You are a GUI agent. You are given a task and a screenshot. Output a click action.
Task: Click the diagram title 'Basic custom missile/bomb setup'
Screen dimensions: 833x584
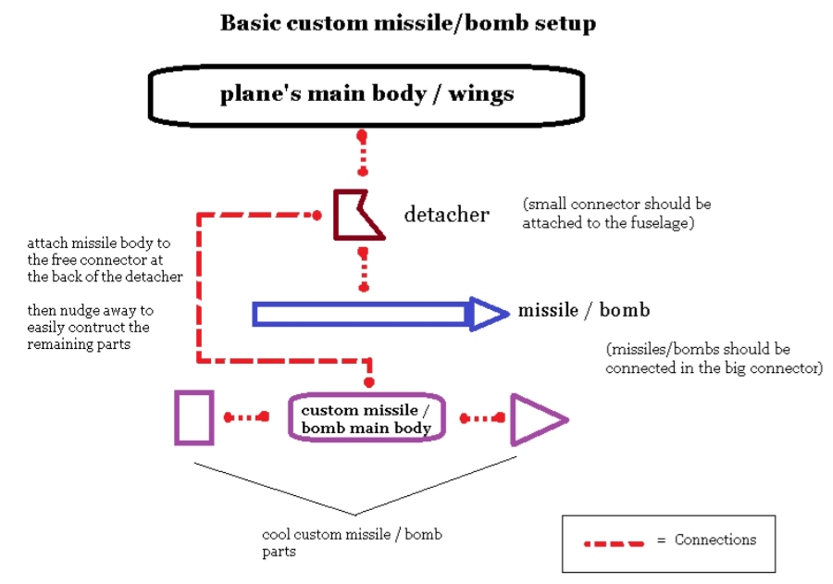[408, 23]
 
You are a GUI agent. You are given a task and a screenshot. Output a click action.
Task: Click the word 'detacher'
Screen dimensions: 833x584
[446, 214]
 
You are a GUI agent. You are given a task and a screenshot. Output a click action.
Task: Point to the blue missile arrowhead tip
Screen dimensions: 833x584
[508, 314]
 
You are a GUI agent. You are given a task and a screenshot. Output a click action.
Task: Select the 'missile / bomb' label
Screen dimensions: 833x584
[584, 310]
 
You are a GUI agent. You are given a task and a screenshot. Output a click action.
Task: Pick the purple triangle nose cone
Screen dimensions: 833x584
[513, 420]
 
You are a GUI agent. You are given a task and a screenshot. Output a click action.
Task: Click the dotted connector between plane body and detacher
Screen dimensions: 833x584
[362, 153]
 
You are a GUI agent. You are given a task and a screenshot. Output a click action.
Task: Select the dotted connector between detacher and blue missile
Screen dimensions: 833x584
[364, 269]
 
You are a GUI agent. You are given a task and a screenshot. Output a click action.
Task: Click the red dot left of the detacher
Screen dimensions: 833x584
[317, 216]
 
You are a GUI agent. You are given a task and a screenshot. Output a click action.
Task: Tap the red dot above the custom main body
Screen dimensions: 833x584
[369, 382]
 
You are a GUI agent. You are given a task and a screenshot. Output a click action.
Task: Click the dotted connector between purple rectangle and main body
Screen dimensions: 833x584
[246, 417]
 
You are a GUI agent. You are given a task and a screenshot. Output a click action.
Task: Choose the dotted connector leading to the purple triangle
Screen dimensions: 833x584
[482, 418]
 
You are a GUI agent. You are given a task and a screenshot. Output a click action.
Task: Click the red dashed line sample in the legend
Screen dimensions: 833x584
[615, 543]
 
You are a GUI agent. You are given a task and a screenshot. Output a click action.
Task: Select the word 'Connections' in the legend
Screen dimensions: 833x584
[715, 540]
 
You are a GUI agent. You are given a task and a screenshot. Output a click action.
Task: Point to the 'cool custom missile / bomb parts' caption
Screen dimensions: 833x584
[352, 542]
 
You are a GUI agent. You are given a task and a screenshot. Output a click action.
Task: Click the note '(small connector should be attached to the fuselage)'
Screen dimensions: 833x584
[616, 213]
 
